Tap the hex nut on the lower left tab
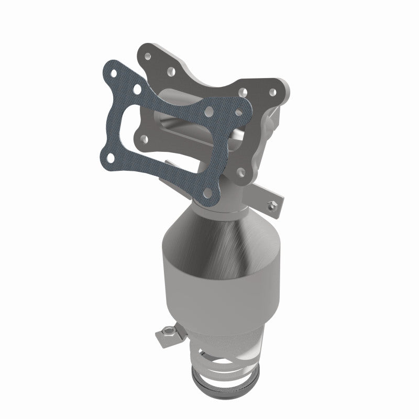169,331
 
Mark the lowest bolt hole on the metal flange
240,171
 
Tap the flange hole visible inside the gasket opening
144,139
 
